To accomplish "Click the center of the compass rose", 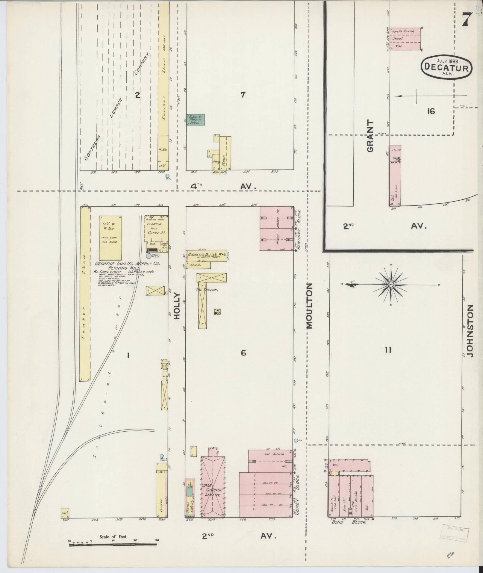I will (391, 285).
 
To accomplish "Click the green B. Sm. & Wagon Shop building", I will (196, 119).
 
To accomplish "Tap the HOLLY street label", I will (177, 306).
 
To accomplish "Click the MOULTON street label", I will (309, 306).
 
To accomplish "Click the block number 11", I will (388, 350).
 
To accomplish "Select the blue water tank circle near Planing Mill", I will (149, 256).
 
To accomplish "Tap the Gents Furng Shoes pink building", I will (405, 39).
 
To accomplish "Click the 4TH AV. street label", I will (223, 186).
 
